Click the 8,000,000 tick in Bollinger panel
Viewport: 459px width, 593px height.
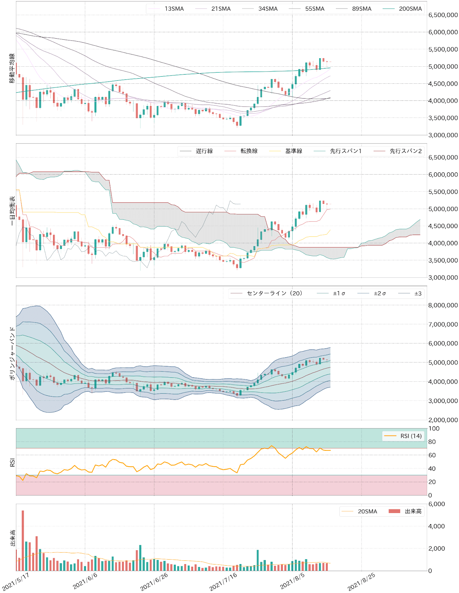pos(443,305)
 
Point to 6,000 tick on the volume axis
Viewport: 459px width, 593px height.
pos(436,504)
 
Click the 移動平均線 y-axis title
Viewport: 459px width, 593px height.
pos(12,68)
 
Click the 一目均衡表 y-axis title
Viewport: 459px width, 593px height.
pos(12,211)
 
